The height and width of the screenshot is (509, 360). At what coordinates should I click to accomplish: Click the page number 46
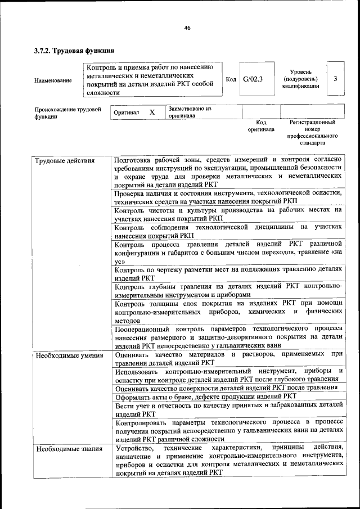[x=187, y=28]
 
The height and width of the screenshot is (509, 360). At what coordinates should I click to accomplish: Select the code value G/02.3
[x=253, y=79]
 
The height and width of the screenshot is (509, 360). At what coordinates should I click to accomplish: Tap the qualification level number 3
[x=335, y=79]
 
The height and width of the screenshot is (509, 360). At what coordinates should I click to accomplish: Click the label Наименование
[x=53, y=80]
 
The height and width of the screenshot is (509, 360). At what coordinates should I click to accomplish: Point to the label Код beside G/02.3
[x=231, y=79]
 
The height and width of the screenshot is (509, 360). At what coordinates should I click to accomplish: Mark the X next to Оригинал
[x=152, y=112]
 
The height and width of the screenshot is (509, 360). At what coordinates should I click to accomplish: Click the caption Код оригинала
[x=261, y=125]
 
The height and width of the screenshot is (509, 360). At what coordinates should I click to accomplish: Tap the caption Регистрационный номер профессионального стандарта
[x=312, y=132]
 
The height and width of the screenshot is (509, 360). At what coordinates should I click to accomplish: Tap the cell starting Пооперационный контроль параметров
[x=228, y=336]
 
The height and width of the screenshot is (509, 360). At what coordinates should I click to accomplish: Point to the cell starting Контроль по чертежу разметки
[x=228, y=273]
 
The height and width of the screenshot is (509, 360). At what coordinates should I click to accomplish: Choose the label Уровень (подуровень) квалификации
[x=304, y=79]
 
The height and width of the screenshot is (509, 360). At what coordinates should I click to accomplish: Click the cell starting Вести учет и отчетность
[x=228, y=409]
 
